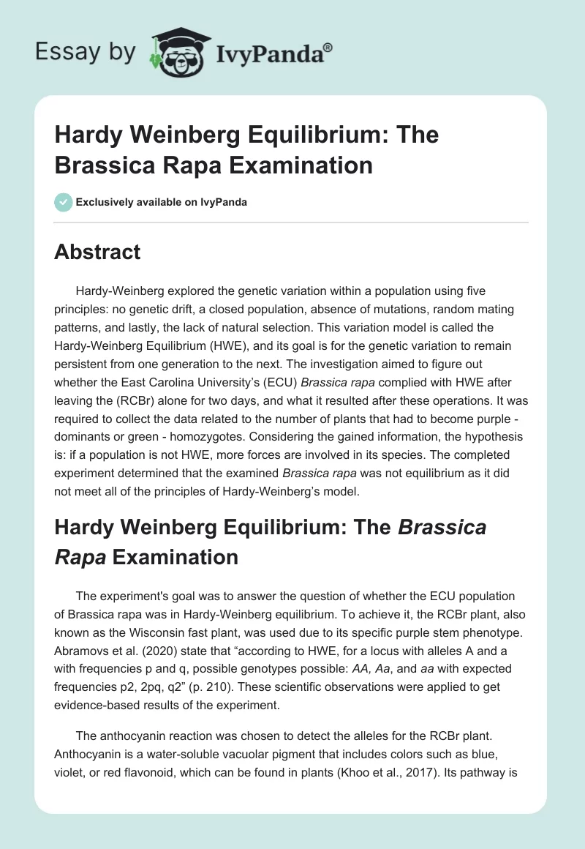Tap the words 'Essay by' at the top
(x=86, y=52)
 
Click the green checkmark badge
(x=63, y=202)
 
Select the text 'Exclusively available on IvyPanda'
(x=162, y=202)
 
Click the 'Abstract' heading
(x=97, y=252)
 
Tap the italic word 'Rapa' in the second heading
(x=79, y=556)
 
